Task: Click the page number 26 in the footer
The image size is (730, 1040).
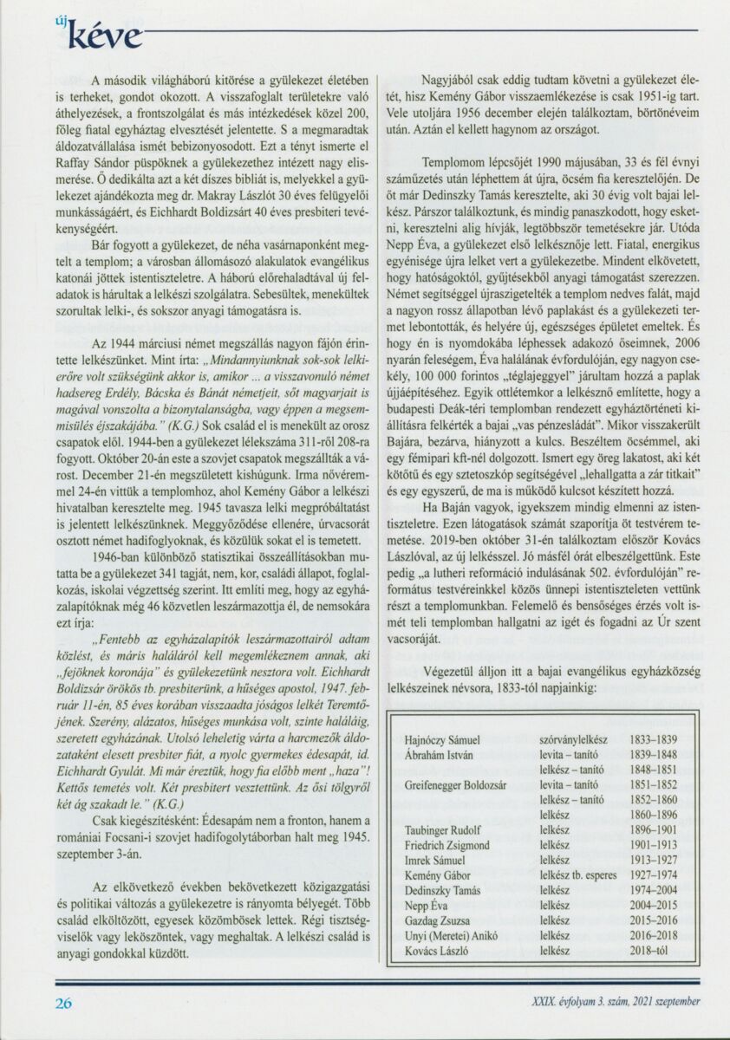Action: [63, 1004]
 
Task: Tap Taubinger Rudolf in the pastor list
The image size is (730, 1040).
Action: [444, 830]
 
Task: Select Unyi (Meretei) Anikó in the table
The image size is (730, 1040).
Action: [455, 936]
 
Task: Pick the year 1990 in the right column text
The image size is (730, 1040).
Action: [517, 162]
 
